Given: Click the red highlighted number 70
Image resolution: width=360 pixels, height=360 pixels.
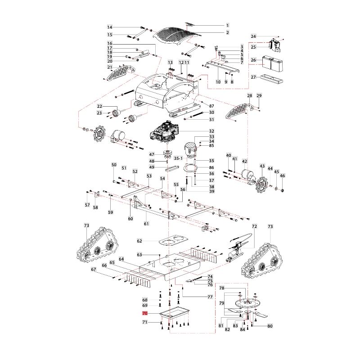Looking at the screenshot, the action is pos(144,313).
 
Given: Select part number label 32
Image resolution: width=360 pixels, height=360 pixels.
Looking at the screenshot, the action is pos(211,131).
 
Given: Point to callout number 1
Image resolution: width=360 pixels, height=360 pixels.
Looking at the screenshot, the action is pos(228,25).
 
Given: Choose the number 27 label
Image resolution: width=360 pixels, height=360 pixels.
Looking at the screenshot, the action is pos(253,77).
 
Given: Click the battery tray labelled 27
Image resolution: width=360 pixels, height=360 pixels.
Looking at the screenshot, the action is pos(271,78).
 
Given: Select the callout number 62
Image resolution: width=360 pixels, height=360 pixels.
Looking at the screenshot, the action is pos(139,241).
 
